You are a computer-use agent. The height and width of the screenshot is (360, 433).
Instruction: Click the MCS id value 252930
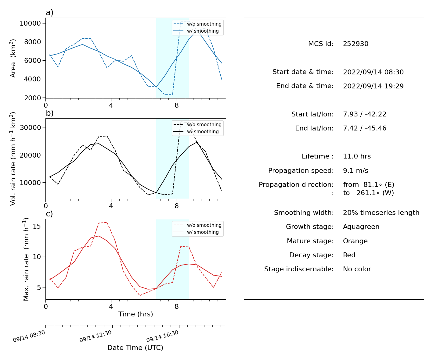click(355, 44)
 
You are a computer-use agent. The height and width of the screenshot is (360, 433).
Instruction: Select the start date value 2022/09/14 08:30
click(373, 72)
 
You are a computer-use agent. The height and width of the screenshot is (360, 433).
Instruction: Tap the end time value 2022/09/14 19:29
click(373, 86)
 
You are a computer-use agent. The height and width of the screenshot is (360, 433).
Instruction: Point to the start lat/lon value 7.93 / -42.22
click(364, 114)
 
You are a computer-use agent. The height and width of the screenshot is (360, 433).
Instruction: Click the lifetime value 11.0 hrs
click(357, 156)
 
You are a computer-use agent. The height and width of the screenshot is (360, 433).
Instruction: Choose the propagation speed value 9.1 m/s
click(355, 170)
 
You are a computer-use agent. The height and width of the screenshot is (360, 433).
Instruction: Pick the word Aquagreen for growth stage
click(361, 227)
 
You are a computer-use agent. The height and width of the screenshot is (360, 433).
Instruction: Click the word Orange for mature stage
click(355, 241)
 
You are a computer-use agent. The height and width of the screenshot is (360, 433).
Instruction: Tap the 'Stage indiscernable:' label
click(299, 269)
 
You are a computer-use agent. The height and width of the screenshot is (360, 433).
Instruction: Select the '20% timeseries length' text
click(381, 213)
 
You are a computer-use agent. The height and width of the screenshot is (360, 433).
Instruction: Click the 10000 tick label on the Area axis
click(30, 23)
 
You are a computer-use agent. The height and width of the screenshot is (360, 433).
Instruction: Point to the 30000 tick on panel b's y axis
click(30, 127)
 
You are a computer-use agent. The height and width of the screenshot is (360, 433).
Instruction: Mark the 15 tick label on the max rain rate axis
click(37, 226)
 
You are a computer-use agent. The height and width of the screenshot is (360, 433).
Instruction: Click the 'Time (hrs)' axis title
click(135, 314)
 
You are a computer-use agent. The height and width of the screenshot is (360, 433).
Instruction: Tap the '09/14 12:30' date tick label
click(96, 336)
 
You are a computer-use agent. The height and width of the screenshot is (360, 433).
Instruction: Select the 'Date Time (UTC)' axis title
click(135, 348)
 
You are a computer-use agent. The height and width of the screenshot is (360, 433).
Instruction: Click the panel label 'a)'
click(49, 12)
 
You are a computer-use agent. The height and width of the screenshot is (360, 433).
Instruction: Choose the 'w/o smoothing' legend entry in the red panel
click(197, 225)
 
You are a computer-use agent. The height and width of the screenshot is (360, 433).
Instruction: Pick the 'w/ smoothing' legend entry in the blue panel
click(196, 31)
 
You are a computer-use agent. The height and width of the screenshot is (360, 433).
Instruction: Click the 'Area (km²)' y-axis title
click(13, 58)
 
